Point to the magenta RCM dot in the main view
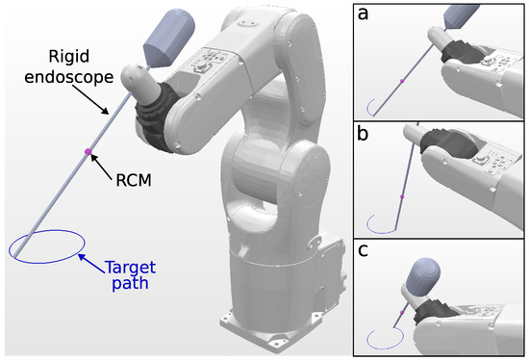click(88, 151)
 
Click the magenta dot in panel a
click(400, 82)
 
